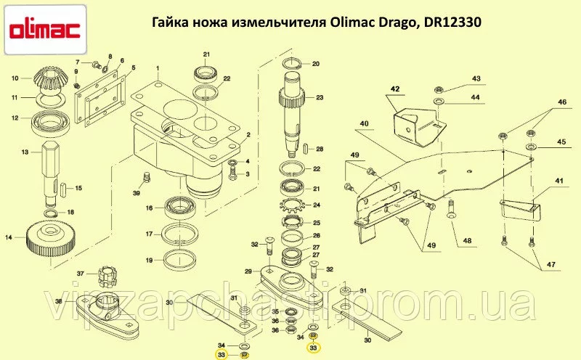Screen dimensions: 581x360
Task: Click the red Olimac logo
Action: pos(45,30)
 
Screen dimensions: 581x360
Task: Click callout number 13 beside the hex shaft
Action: pos(25,152)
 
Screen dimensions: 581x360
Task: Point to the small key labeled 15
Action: pos(62,188)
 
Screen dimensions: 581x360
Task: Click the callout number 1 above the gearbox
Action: pos(158,68)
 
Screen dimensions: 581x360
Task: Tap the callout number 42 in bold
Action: pos(395,89)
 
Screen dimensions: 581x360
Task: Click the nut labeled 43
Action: pos(439,89)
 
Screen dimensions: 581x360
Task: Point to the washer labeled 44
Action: pos(439,101)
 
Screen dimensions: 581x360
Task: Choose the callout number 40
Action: pos(365,123)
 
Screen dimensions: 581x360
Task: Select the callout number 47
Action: pos(550,265)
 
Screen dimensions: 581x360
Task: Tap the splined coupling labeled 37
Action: pos(107,277)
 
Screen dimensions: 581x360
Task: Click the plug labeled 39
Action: pos(147,177)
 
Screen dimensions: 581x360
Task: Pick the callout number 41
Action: pos(559,181)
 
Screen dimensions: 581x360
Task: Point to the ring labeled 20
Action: pos(293,64)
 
